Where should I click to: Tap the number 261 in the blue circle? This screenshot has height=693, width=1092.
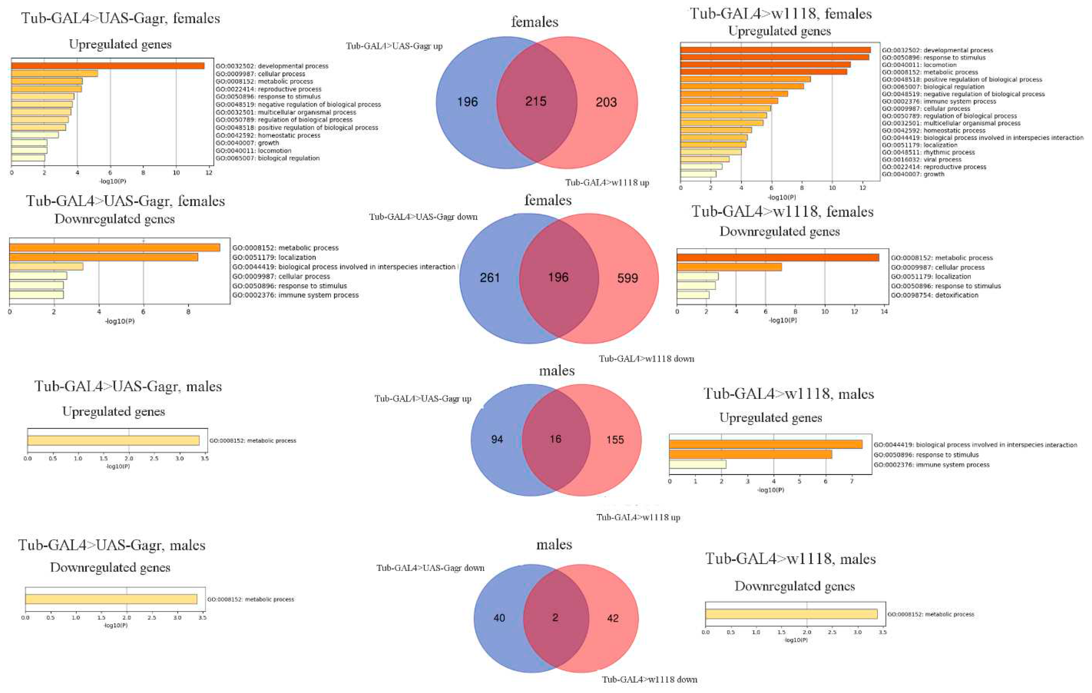coord(490,278)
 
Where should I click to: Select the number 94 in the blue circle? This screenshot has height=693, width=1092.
coord(497,439)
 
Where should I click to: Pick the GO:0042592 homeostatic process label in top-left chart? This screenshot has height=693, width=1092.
coord(268,135)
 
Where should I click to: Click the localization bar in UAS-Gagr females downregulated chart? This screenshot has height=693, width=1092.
coord(103,257)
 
